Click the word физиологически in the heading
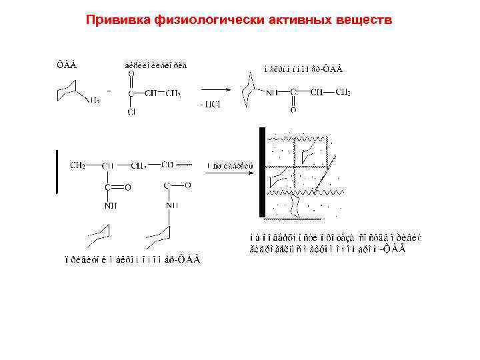[203, 20]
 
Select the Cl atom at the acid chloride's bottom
[131, 113]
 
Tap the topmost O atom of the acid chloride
[131, 75]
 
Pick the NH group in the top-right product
[272, 93]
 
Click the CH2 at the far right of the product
[343, 92]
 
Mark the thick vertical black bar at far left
[57, 171]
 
